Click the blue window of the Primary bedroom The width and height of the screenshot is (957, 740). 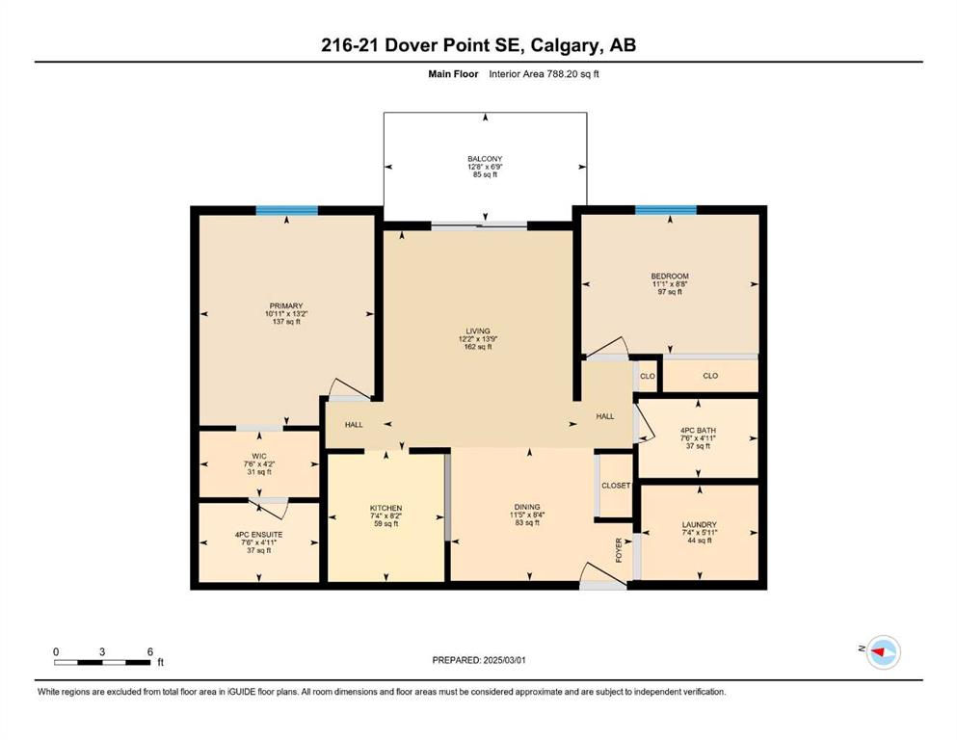(287, 210)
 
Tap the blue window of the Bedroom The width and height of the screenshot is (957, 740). (666, 210)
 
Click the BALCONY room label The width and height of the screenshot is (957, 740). (485, 159)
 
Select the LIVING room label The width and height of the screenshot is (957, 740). (478, 331)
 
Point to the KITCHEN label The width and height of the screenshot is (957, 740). (385, 508)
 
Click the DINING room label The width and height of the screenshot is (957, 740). (527, 507)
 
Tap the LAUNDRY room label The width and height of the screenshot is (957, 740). (700, 525)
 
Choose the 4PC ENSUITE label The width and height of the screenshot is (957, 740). (259, 535)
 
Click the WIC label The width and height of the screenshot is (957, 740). (259, 456)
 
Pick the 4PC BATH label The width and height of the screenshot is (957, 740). (698, 430)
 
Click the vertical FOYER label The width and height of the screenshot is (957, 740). (619, 549)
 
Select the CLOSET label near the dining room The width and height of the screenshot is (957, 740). (616, 486)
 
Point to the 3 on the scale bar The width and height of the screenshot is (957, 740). (102, 651)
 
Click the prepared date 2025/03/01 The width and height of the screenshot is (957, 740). (504, 660)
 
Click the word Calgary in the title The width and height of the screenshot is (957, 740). (565, 45)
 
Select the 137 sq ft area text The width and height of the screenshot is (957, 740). (286, 322)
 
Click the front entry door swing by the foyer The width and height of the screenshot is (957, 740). (603, 576)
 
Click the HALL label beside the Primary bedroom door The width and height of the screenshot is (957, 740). (354, 425)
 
